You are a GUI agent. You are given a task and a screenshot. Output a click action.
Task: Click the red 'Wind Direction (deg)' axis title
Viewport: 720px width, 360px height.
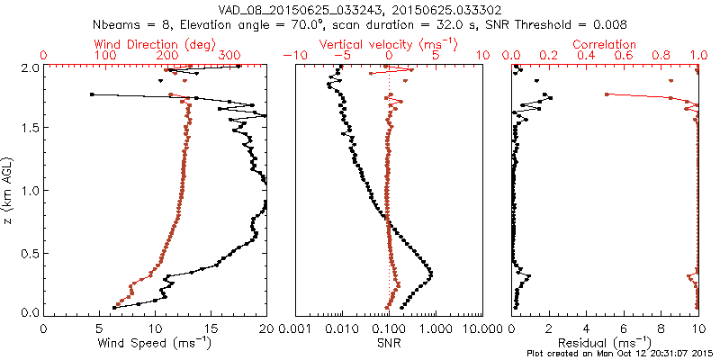(x=155, y=43)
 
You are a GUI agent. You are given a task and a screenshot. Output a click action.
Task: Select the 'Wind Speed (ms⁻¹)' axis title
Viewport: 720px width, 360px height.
(x=155, y=343)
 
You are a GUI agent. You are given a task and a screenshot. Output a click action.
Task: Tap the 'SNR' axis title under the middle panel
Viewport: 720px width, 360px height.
(x=388, y=343)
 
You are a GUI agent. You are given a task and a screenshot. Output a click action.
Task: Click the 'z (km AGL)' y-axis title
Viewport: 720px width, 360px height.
(x=10, y=190)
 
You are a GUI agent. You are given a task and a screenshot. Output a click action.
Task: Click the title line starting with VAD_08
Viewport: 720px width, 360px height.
(x=360, y=8)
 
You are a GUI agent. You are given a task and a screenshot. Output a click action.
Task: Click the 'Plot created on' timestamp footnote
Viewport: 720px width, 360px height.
(x=622, y=353)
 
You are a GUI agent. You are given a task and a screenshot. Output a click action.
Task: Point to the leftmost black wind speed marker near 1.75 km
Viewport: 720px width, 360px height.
(x=92, y=94)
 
